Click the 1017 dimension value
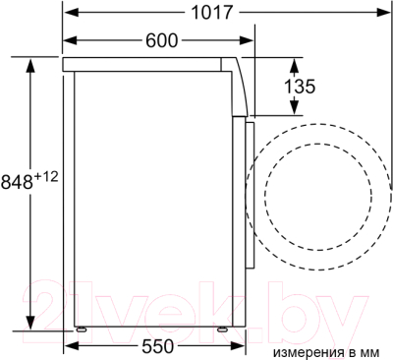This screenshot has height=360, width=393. point(211,13)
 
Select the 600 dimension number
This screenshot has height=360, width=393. point(161,40)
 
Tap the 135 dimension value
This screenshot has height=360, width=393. point(300,87)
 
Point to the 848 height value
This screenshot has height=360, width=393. point(17,181)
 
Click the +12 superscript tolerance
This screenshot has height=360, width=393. point(46,177)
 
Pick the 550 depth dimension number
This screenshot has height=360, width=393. point(157,346)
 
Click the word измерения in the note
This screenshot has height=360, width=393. point(309,353)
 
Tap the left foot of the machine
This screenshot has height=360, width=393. point(82,329)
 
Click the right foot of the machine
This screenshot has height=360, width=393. point(223,329)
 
